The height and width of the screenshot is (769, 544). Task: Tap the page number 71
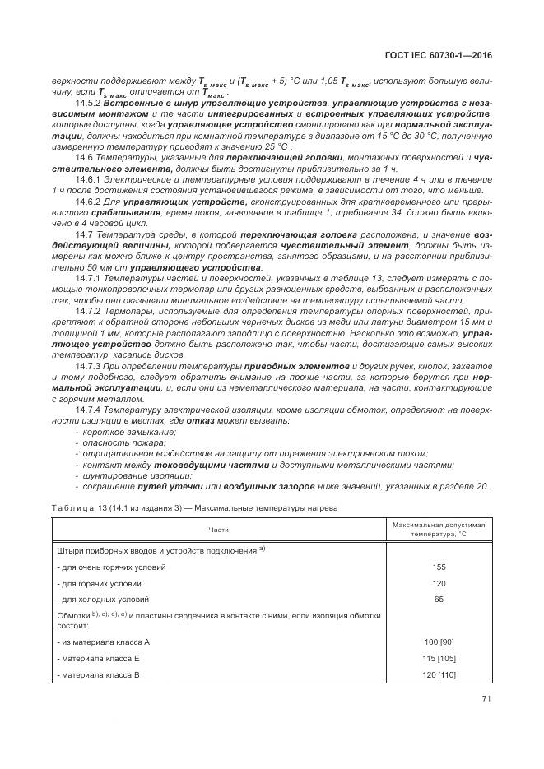[x=485, y=700]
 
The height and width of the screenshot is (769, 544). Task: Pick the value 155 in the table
[x=438, y=567]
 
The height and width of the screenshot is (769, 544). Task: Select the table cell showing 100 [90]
[x=438, y=642]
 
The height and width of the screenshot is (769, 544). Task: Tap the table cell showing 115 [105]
[x=438, y=658]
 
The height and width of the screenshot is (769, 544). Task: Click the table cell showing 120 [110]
[x=438, y=674]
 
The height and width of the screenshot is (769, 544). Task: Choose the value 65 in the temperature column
[x=438, y=600]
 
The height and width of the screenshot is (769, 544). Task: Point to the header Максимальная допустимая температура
[x=438, y=529]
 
